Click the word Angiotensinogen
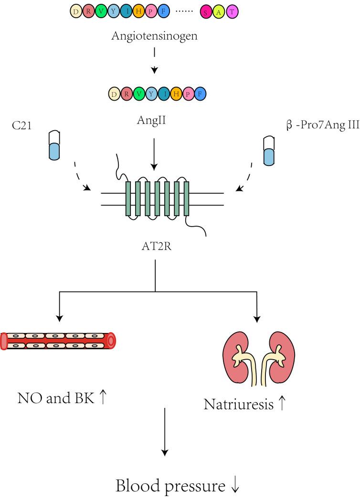(154, 36)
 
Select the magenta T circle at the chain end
(232, 13)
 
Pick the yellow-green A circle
(219, 13)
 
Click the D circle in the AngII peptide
(114, 94)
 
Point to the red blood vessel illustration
(58, 341)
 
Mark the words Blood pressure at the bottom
(170, 487)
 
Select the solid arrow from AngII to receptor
(154, 153)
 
